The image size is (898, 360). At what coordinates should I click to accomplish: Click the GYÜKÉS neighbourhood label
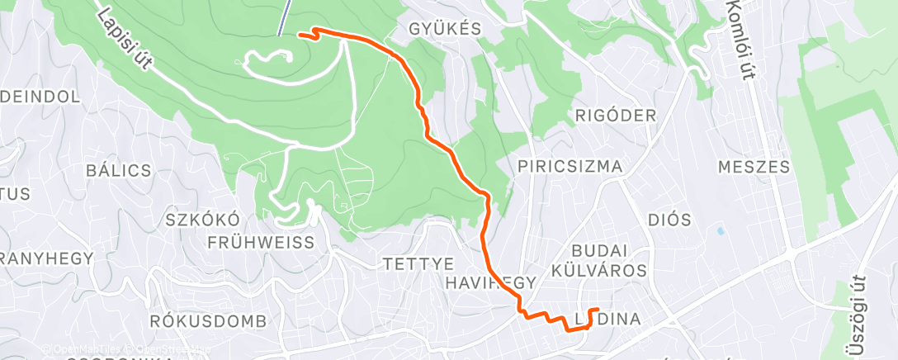(x=445, y=29)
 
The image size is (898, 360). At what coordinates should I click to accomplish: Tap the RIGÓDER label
(x=615, y=115)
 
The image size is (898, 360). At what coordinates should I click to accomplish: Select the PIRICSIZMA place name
(x=570, y=167)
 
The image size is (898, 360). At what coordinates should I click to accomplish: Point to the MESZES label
(x=754, y=167)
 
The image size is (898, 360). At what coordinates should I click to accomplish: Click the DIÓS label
(x=669, y=220)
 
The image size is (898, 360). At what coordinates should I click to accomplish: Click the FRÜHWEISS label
(x=262, y=243)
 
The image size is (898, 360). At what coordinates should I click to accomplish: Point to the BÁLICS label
(x=119, y=171)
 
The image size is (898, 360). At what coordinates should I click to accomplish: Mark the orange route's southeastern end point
(x=596, y=310)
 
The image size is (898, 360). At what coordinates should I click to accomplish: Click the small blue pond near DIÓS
(x=721, y=232)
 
